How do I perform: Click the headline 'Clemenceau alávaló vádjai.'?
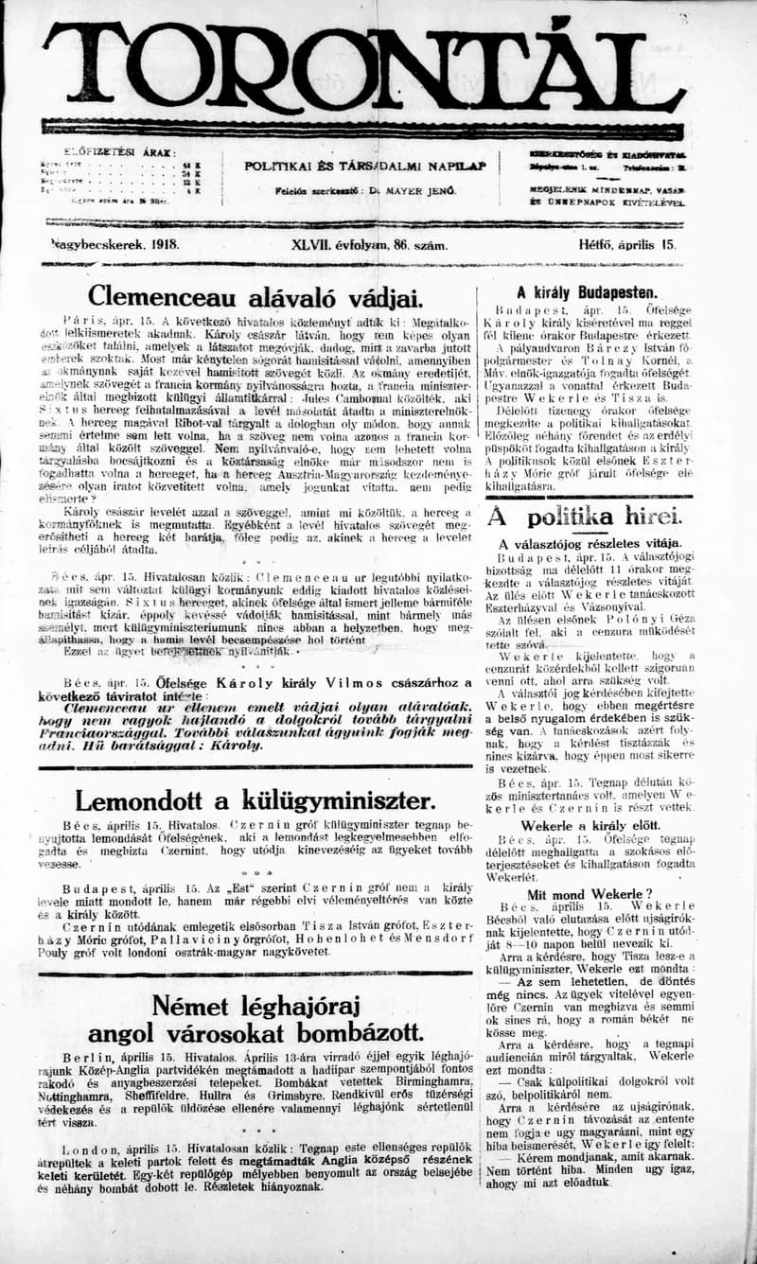click(x=255, y=296)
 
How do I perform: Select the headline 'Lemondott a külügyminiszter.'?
click(x=256, y=800)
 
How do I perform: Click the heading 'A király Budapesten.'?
click(x=587, y=292)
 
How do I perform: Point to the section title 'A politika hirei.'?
click(x=584, y=517)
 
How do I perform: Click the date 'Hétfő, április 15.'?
click(x=627, y=244)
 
